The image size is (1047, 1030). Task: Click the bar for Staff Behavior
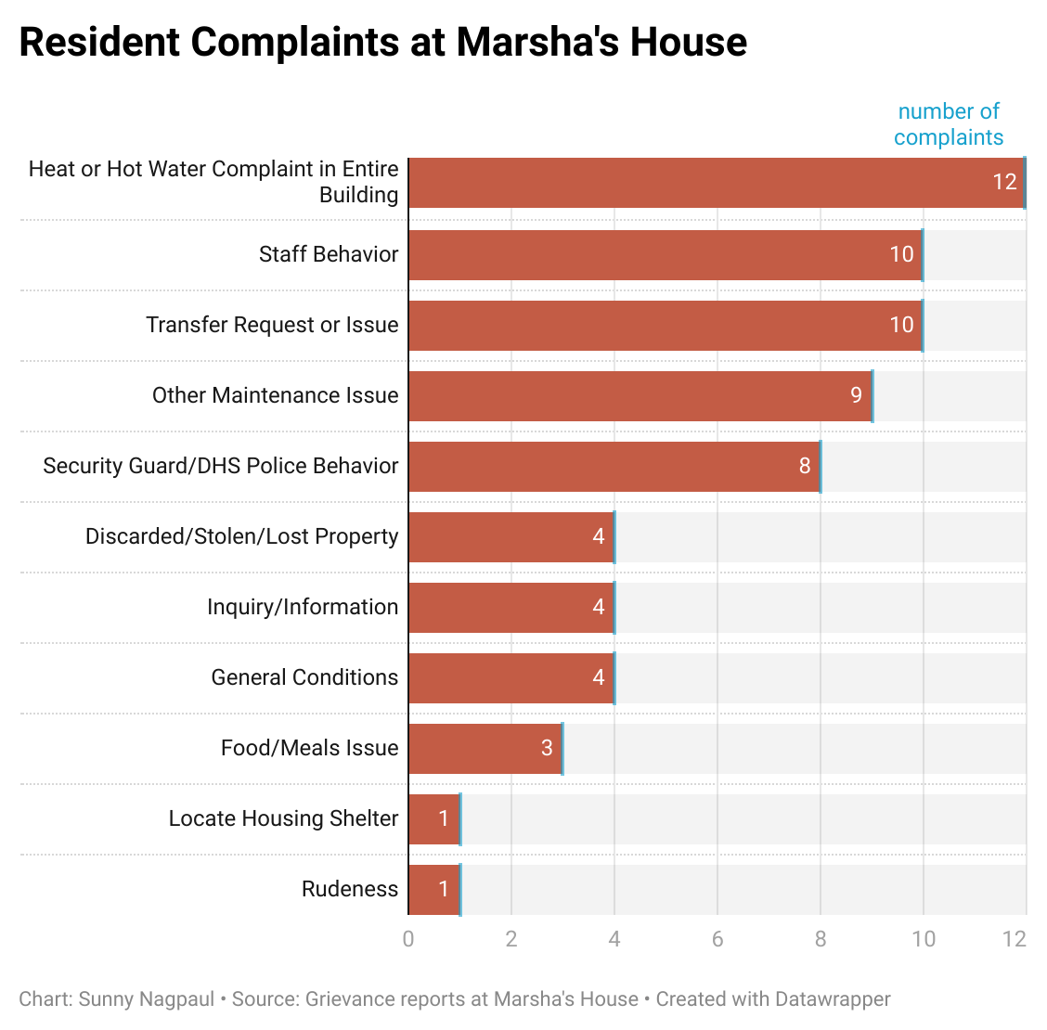coord(665,255)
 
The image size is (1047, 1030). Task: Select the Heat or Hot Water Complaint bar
coord(716,183)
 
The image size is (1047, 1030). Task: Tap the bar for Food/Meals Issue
coord(485,749)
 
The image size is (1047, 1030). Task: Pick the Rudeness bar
coord(434,890)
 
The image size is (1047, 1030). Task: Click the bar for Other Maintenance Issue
coord(640,396)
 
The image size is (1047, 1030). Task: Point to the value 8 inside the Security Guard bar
coord(805,466)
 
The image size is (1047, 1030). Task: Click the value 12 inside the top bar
coord(1004,182)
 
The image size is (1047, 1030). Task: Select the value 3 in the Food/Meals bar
coord(547,748)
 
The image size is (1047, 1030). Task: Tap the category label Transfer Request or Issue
coord(272,325)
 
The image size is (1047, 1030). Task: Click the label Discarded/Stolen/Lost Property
coord(241,536)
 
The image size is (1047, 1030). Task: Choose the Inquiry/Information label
coord(303,607)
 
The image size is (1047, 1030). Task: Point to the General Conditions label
coord(304,677)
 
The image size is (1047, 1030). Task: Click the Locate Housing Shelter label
coord(283,818)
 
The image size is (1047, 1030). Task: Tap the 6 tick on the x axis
coord(717,939)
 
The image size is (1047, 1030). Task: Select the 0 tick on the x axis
coord(408,939)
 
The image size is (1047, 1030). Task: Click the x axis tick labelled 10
coord(923,939)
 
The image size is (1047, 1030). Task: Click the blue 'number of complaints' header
coord(949,124)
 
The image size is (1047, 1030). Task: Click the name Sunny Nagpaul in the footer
coord(147,999)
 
